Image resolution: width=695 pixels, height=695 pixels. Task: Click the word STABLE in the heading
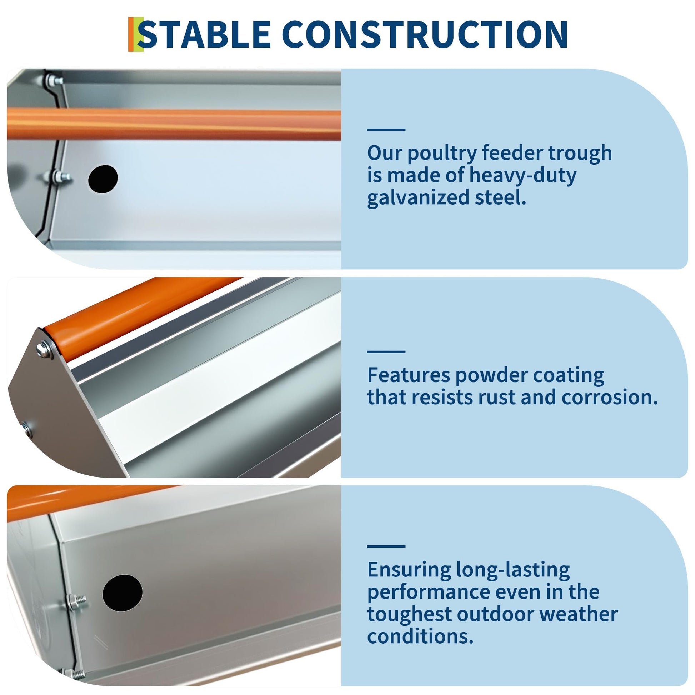[204, 34]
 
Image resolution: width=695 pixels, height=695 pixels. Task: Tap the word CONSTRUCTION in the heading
[427, 34]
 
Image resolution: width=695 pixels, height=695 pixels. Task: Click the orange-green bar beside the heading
[136, 34]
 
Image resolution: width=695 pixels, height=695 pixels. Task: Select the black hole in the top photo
[103, 179]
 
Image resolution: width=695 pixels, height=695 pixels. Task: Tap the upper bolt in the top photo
[54, 80]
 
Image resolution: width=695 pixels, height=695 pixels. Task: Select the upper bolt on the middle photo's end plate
[44, 349]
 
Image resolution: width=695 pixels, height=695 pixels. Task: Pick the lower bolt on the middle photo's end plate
[27, 429]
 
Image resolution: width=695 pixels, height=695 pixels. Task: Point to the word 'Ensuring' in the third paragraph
[409, 570]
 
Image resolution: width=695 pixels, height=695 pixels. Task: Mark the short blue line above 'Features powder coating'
[386, 351]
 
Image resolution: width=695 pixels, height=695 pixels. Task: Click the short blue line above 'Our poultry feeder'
[386, 130]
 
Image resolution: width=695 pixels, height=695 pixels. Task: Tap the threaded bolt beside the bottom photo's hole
[77, 601]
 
